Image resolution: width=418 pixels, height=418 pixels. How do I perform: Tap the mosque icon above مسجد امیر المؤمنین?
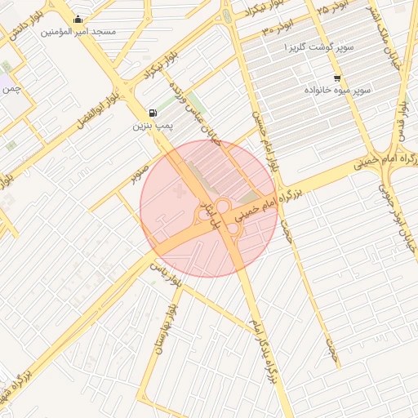point(78,20)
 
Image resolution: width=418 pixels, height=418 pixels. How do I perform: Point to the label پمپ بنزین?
point(153,127)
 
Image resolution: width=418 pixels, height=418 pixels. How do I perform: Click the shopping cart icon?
point(337,79)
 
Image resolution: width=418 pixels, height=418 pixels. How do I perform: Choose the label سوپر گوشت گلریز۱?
point(319,48)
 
